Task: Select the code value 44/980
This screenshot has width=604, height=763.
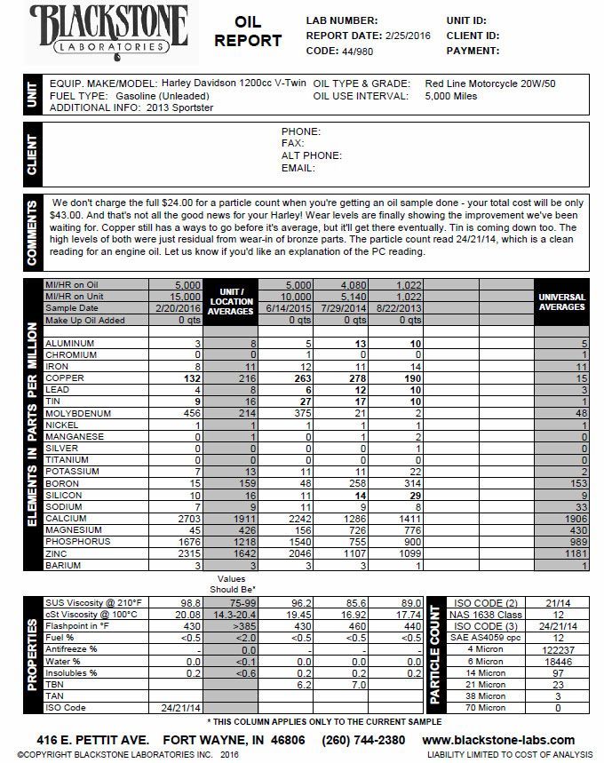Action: click(358, 52)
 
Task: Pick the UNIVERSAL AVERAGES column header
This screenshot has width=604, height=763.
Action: click(561, 302)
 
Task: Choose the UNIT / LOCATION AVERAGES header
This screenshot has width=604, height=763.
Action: click(231, 302)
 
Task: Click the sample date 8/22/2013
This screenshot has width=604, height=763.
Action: click(395, 308)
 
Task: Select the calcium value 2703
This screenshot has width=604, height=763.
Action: click(189, 517)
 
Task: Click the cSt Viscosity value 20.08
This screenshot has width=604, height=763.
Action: click(188, 614)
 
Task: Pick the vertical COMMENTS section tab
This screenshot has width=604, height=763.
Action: click(32, 234)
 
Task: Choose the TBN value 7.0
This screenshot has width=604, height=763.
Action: click(354, 684)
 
